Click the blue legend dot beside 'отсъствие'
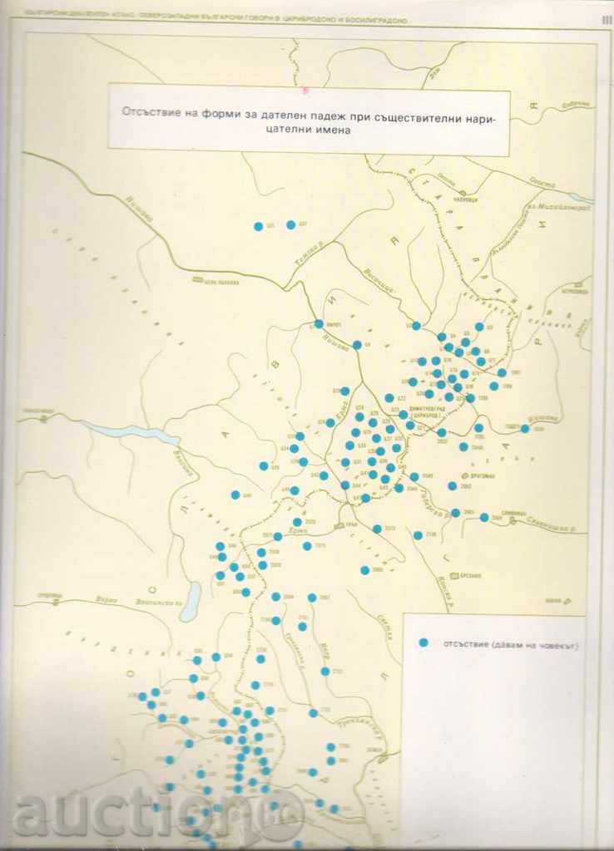pos(423,642)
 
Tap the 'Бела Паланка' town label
pos(220,283)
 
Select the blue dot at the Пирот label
pos(319,324)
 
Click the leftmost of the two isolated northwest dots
pos(258,225)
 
